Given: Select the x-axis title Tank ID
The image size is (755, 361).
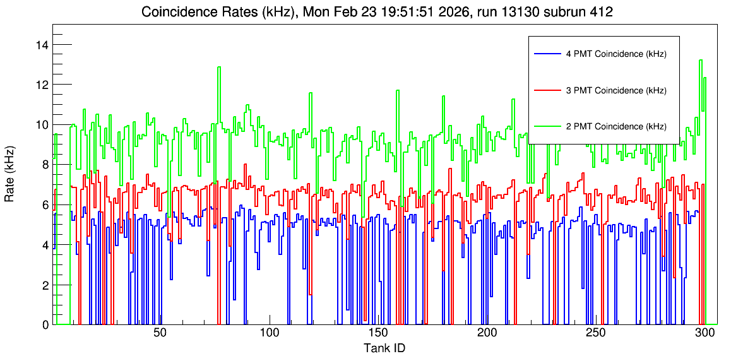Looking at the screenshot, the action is [384, 348].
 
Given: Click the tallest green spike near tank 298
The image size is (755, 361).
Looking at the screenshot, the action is [701, 60].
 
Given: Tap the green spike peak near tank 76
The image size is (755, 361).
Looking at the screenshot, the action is [219, 67].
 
